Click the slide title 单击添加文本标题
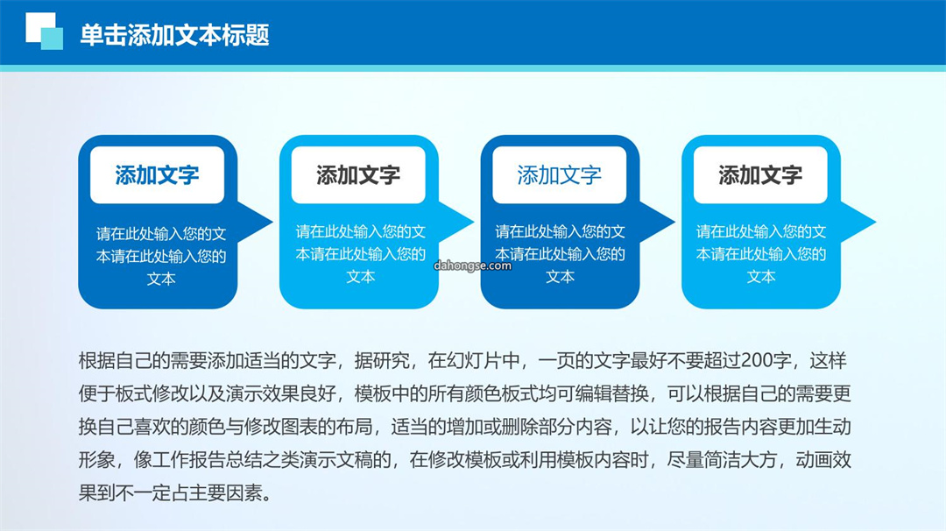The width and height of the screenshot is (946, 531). pos(174,35)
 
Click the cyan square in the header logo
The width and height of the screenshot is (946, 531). pos(52,39)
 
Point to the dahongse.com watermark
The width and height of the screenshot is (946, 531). pos(472,265)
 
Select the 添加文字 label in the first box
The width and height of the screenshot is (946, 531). pos(157,175)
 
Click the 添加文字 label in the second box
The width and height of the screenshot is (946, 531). pos(358,175)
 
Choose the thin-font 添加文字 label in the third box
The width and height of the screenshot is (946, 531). pos(559,175)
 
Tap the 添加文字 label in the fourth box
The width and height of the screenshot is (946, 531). pos(760,175)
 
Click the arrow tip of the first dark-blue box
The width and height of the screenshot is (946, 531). pos(272,222)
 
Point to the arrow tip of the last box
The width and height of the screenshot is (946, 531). pos(875,222)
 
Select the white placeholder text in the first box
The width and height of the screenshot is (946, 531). pos(161,256)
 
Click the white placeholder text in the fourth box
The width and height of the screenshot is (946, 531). pos(761,254)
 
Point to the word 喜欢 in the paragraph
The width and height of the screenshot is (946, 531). pos(170,427)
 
